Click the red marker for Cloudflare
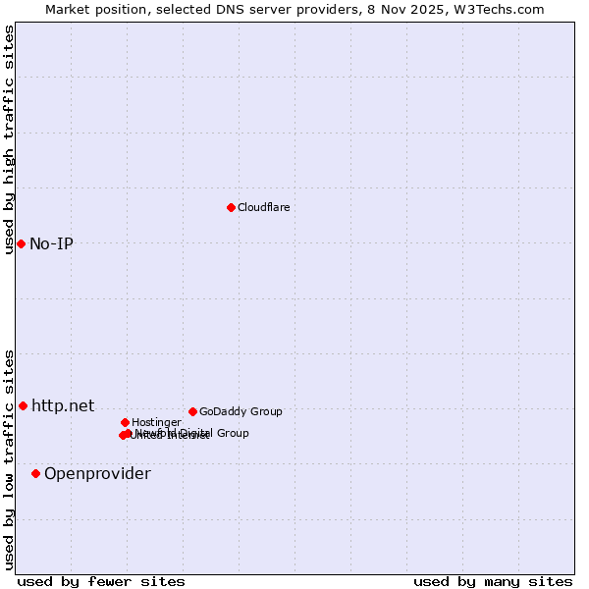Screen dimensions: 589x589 coord(231,207)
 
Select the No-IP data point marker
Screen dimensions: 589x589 coord(21,243)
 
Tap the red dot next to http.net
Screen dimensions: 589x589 coord(23,405)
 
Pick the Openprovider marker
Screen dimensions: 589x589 coord(35,473)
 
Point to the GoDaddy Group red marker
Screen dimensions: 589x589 coord(192,411)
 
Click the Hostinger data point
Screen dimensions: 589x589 coord(125,422)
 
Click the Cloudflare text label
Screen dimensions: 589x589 coord(263,207)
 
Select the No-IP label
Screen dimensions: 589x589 coord(51,243)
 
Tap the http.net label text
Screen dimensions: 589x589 coord(63,405)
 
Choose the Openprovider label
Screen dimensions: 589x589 coord(97,474)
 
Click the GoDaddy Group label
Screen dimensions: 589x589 coord(241,411)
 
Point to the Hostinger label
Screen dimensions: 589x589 coord(156,422)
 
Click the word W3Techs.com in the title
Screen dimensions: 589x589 coord(506,9)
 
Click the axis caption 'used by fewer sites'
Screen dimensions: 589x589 coord(101,581)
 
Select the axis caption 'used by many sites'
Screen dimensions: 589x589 coord(493,581)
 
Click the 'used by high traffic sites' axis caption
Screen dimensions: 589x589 coord(9,139)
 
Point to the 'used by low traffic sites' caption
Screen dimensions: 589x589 coord(9,459)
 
